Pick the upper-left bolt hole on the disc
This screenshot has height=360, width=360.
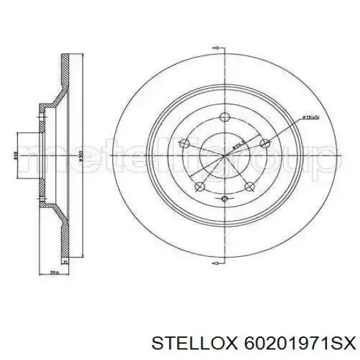tap(186, 143)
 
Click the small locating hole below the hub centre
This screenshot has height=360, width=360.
tap(224, 198)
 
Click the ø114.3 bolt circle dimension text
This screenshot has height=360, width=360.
tap(239, 145)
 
